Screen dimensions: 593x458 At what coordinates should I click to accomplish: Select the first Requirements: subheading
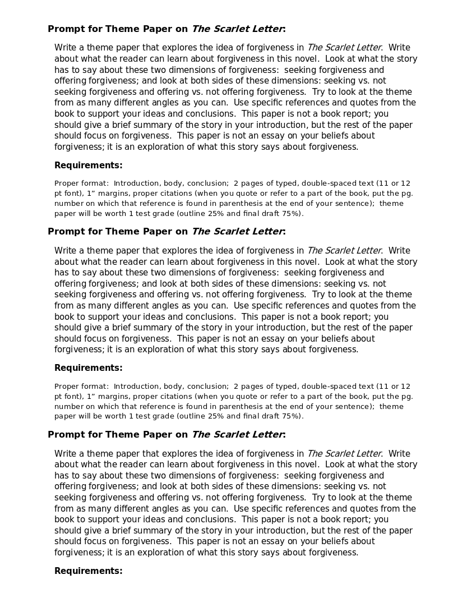88,166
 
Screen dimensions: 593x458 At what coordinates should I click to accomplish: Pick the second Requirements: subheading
88,368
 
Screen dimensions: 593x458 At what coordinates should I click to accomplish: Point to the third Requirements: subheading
88,571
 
